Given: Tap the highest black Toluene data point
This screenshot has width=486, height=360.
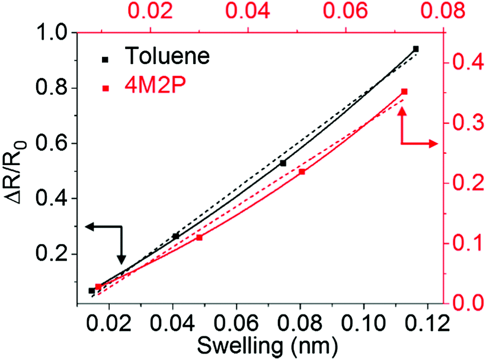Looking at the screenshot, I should (415, 49).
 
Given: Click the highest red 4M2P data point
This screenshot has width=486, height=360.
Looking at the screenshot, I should (404, 91).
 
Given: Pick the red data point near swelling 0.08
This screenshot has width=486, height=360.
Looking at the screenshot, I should (302, 172).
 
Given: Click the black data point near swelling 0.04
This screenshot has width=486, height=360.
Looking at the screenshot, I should (175, 236).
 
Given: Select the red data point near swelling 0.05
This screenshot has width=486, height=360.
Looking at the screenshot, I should (199, 237).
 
